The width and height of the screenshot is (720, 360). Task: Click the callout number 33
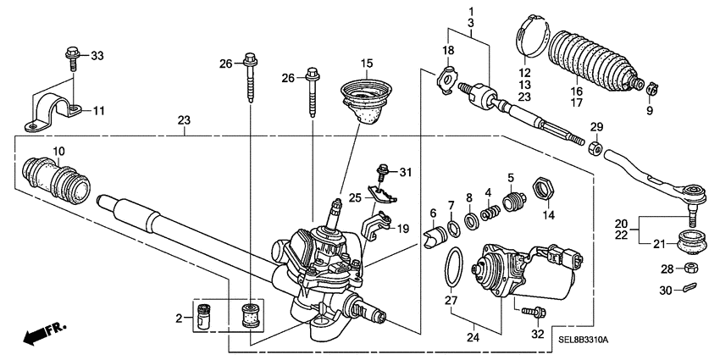point(97,56)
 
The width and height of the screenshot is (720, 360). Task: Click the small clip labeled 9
point(651,87)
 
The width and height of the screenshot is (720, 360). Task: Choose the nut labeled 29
point(595,150)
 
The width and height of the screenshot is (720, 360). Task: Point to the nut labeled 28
point(690,269)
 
